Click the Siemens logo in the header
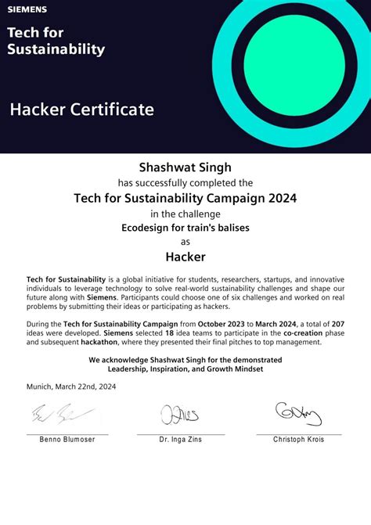click(x=27, y=9)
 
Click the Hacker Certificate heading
click(x=82, y=110)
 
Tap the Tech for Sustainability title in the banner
click(x=56, y=41)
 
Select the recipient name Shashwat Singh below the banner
click(x=185, y=167)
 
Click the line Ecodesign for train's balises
click(x=185, y=228)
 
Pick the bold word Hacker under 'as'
click(x=185, y=256)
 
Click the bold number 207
click(x=338, y=323)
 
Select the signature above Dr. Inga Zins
click(x=179, y=414)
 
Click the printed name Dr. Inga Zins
click(x=180, y=440)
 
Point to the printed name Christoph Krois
click(x=298, y=440)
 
